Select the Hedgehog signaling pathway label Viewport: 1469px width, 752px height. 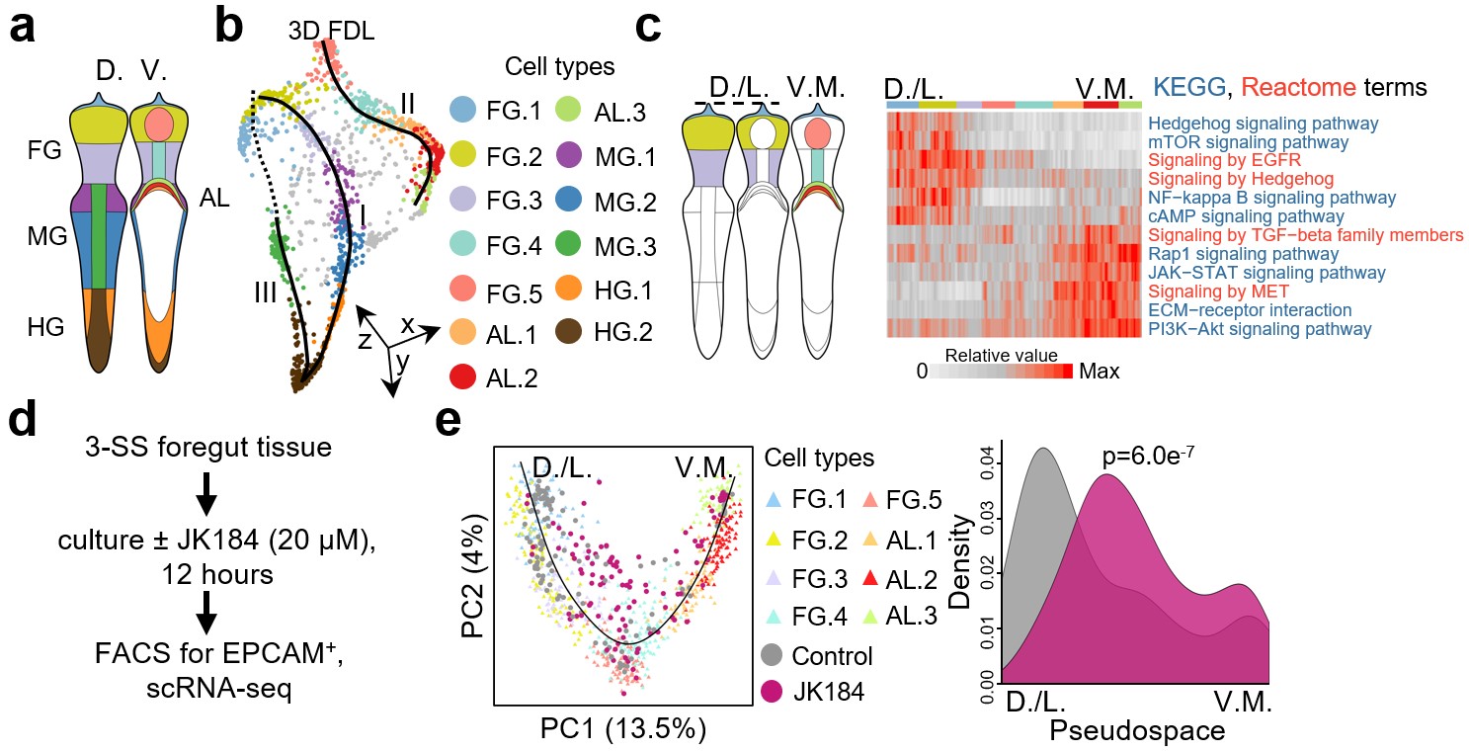click(1264, 125)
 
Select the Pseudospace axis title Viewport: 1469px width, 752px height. click(1136, 731)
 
